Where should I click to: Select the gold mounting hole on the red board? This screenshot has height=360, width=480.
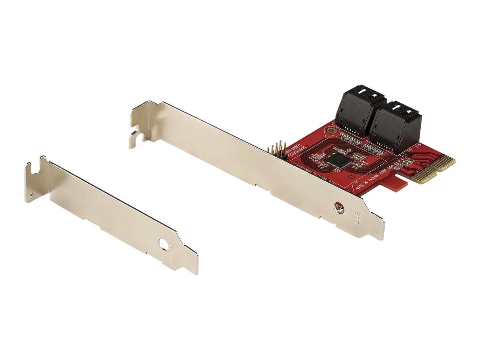pos(330,130)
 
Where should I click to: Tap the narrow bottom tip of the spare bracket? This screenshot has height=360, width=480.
pos(195,268)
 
